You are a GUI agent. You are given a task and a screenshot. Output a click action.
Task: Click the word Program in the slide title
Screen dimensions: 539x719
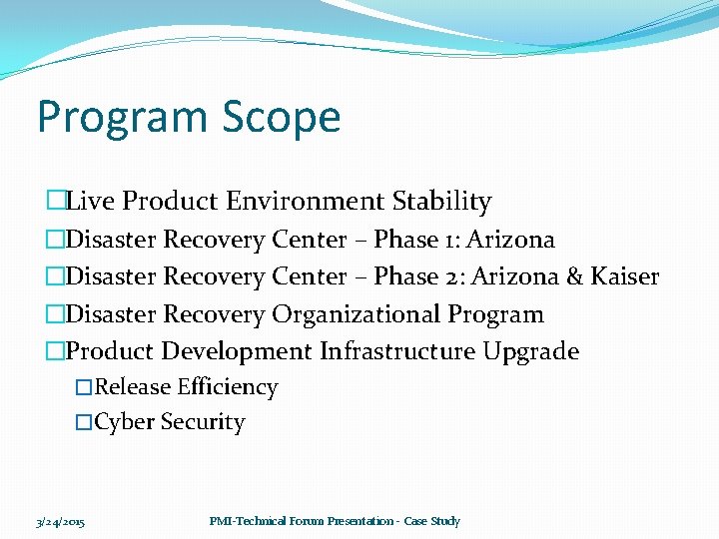click(109, 118)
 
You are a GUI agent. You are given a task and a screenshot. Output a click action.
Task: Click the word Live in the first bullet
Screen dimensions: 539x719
click(91, 202)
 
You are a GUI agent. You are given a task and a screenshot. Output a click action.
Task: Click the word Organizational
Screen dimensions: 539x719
click(357, 314)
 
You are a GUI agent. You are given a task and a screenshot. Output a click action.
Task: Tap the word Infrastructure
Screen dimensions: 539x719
click(397, 351)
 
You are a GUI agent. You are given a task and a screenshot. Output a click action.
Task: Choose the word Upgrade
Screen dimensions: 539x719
click(530, 351)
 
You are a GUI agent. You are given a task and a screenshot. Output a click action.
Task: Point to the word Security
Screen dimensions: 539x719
click(203, 422)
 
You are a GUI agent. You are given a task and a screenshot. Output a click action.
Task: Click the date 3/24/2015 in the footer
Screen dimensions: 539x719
click(60, 522)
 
